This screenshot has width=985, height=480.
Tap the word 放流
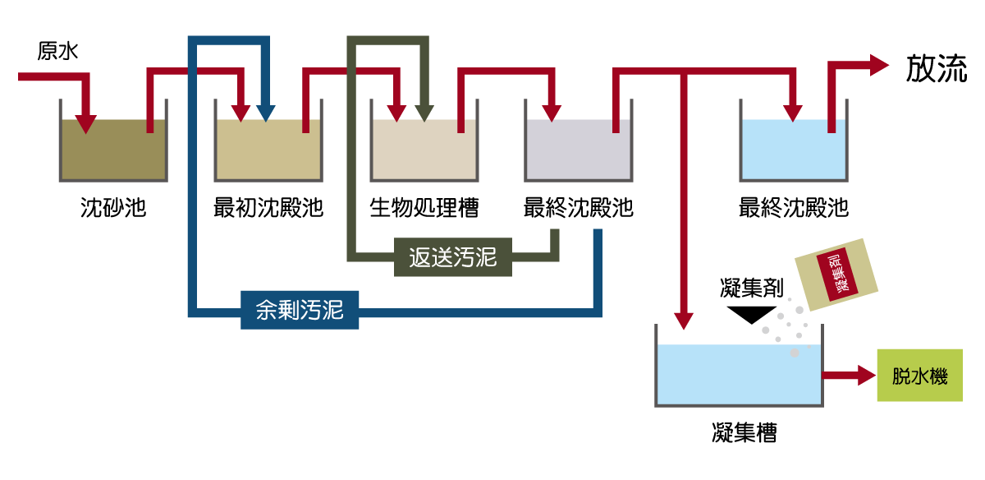coord(937,70)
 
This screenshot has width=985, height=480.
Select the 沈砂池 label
coord(113,207)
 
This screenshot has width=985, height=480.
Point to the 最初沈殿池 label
coord(268,207)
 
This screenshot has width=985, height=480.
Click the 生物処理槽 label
coord(424,207)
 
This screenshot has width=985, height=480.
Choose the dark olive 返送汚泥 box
coord(452,257)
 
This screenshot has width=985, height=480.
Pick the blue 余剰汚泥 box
coord(299,312)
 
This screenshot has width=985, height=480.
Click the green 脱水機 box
coord(919,376)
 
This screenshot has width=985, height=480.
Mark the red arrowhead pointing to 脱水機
coord(867,376)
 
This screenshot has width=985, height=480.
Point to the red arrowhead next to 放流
coord(878,65)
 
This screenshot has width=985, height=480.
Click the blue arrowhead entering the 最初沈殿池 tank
coord(265,113)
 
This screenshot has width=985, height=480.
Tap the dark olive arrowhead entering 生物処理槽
coord(423,113)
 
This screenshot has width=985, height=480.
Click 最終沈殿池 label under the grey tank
coord(578,207)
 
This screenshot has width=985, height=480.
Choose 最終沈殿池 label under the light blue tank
coord(793,207)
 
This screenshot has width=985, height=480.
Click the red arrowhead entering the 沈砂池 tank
coord(86,123)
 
